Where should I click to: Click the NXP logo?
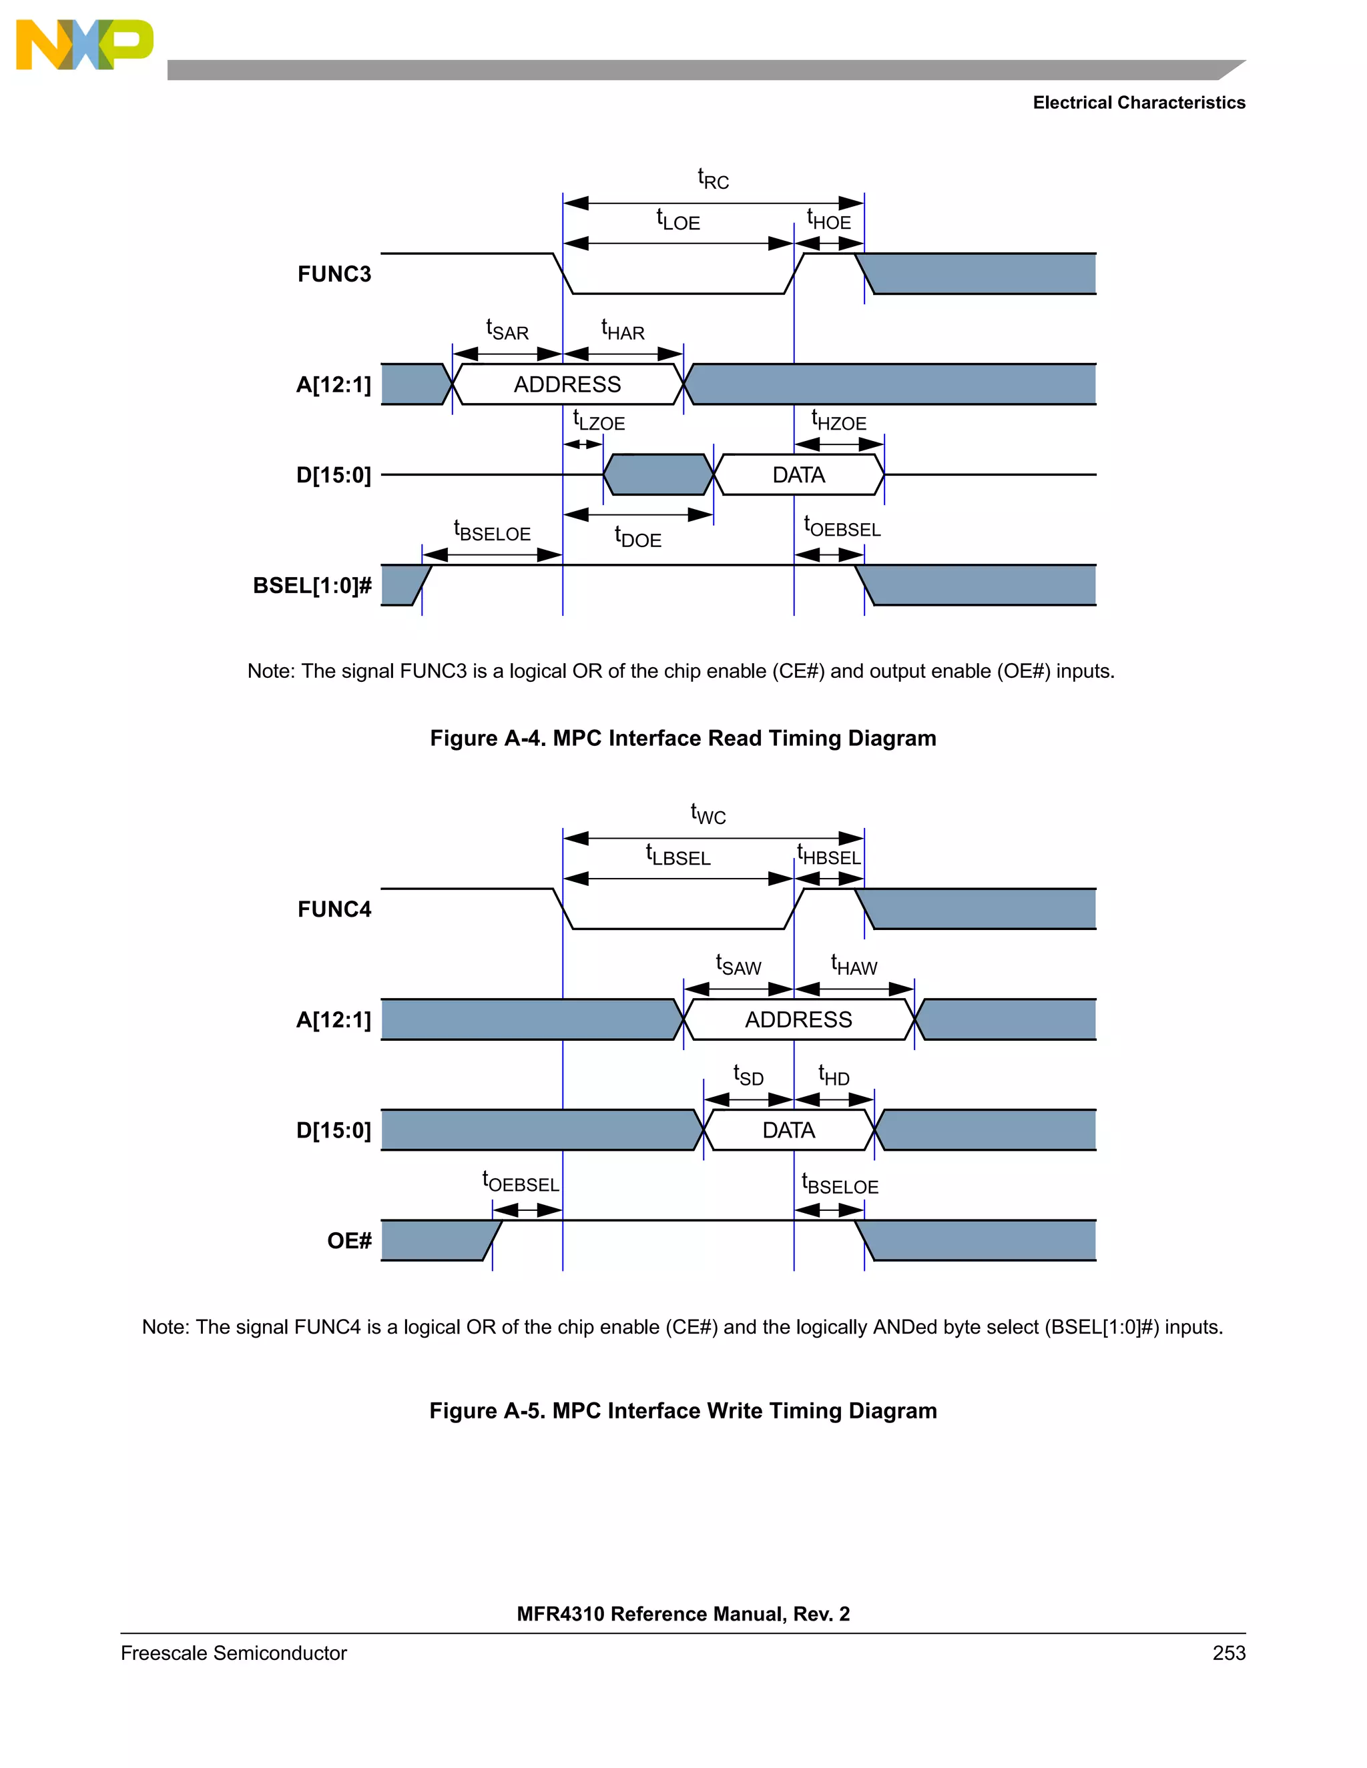(84, 45)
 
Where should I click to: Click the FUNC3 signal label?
(334, 274)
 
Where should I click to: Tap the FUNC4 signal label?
(334, 909)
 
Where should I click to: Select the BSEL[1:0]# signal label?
(312, 585)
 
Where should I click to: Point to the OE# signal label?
(349, 1240)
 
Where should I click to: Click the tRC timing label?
(713, 179)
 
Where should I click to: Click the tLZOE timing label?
(599, 421)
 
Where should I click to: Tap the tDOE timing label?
(637, 538)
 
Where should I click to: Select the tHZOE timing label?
(838, 421)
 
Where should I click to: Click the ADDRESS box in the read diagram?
(567, 384)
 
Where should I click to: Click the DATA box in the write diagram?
(788, 1130)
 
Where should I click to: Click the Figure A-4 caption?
(683, 739)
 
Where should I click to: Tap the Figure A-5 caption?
(683, 1410)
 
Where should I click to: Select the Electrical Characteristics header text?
(1139, 103)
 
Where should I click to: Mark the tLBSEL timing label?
(678, 856)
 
